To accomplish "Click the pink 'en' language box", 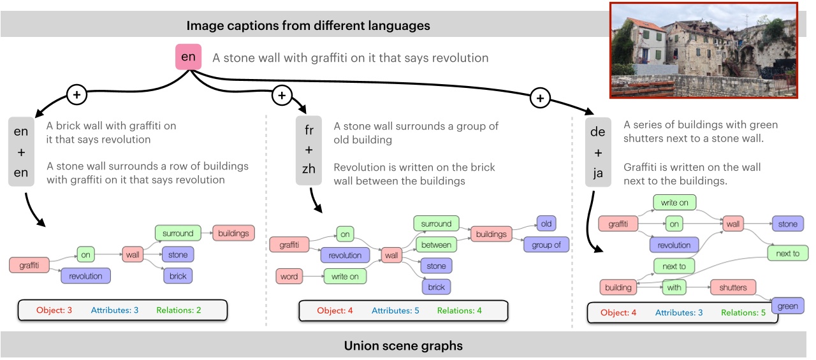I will (189, 57).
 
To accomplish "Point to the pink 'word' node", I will (289, 277).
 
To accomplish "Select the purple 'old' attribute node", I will (546, 224).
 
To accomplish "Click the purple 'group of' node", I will (546, 245).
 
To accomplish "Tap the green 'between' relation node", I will (436, 245).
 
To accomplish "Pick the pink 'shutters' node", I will (732, 287).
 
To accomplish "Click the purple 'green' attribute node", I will (787, 306).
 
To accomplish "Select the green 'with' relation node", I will (674, 287).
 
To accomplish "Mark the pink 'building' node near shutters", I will (618, 287).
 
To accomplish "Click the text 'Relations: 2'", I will (178, 310).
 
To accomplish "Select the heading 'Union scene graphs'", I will (403, 346).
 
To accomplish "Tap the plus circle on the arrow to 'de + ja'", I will (540, 97).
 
